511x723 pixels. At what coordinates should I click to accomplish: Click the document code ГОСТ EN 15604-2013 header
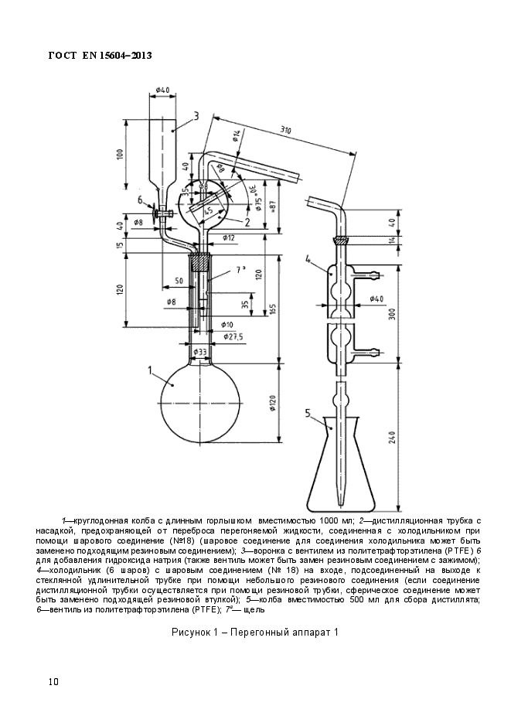pos(100,56)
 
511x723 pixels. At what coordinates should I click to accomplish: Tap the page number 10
pos(53,682)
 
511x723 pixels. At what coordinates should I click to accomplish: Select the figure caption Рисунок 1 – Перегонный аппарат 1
pos(255,633)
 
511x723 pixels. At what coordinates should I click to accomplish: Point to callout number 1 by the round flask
pos(150,370)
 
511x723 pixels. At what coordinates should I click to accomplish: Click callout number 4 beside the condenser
pos(308,260)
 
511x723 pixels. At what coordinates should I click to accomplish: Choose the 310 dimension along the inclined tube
pos(286,131)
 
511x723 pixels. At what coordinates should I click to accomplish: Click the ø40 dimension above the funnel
pos(162,90)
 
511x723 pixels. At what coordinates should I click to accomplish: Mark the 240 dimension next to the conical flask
pos(392,438)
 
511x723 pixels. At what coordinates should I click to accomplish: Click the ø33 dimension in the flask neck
pos(199,352)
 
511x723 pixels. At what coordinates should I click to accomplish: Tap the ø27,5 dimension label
pos(233,337)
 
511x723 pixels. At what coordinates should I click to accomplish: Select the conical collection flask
pos(342,462)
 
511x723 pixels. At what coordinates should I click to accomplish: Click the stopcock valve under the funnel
pos(162,213)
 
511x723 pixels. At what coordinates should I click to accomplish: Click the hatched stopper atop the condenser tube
pos(341,240)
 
